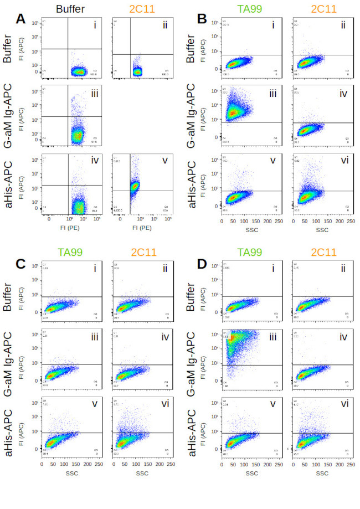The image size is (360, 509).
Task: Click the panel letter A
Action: pyautogui.click(x=21, y=19)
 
